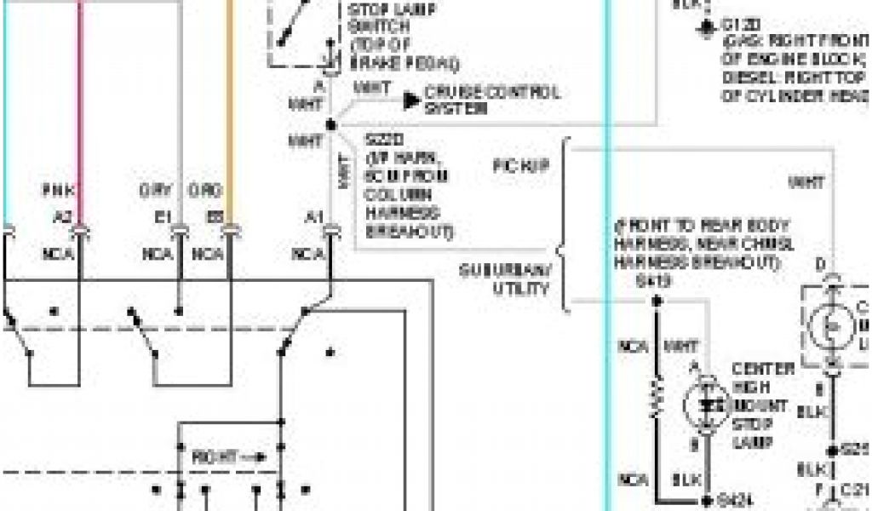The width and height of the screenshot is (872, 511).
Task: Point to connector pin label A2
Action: (62, 216)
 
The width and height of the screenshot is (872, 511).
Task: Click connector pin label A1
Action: (315, 216)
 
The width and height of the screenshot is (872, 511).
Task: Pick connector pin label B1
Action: (162, 216)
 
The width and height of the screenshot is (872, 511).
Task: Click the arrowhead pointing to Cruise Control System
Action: (412, 100)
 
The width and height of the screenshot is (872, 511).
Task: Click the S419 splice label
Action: (647, 282)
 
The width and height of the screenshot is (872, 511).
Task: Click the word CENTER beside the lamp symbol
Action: (763, 369)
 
